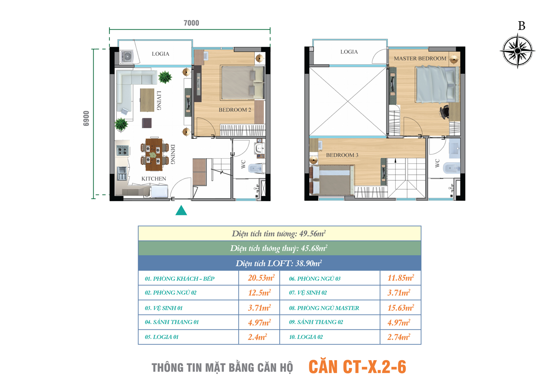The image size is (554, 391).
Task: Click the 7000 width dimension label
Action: click(x=191, y=23)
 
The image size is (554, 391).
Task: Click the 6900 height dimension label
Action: click(x=86, y=118)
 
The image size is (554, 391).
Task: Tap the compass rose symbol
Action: click(x=518, y=51)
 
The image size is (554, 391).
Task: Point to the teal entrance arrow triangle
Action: click(x=181, y=210)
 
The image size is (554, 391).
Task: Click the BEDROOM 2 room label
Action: click(x=235, y=110)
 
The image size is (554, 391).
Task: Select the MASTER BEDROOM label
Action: click(x=420, y=59)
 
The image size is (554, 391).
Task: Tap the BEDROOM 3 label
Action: click(x=342, y=155)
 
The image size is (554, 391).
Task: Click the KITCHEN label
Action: click(x=154, y=178)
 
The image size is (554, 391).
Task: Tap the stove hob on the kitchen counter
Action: click(x=123, y=150)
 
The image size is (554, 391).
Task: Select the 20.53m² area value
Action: click(x=261, y=278)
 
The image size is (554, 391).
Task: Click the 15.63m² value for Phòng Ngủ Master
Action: click(x=401, y=308)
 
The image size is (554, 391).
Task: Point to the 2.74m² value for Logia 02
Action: click(x=399, y=337)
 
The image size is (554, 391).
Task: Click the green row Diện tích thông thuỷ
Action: click(x=279, y=248)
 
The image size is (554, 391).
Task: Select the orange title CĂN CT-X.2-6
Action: click(x=357, y=367)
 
